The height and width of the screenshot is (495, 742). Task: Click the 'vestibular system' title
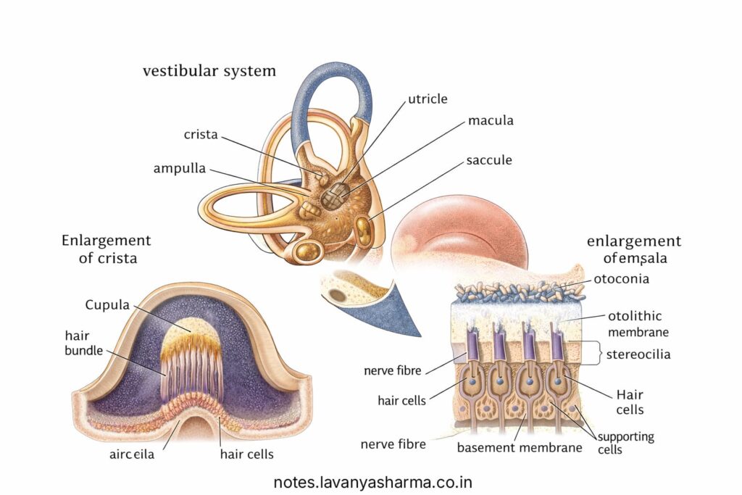(209, 70)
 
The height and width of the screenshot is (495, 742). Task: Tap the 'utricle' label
(428, 99)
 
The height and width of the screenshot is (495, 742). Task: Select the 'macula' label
(491, 120)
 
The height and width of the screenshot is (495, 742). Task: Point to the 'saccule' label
(490, 159)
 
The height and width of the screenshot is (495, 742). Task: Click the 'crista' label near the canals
(201, 135)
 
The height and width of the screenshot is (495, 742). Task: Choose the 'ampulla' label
(180, 168)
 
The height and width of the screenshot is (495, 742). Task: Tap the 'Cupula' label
(107, 304)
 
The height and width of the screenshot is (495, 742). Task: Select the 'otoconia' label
(621, 278)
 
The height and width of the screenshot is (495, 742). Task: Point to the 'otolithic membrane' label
(635, 324)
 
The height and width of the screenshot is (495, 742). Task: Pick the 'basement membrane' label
(520, 447)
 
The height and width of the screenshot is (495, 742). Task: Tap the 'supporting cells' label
(625, 443)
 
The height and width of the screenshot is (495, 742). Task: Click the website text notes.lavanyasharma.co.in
(373, 481)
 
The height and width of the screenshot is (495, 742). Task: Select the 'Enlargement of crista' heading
(107, 249)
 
